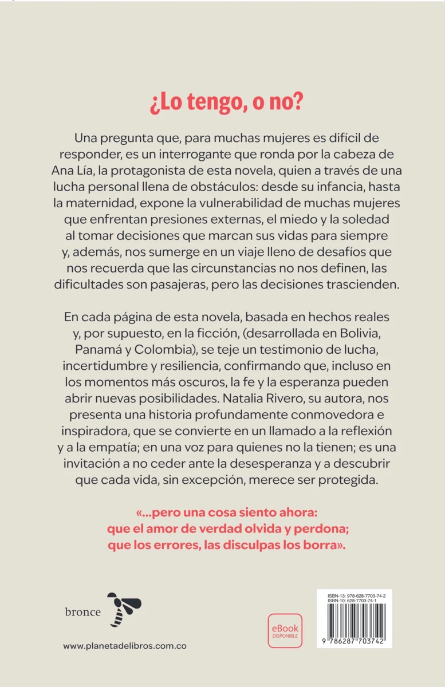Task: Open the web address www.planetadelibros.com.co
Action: coord(124,646)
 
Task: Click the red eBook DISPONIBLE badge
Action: coord(285,630)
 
